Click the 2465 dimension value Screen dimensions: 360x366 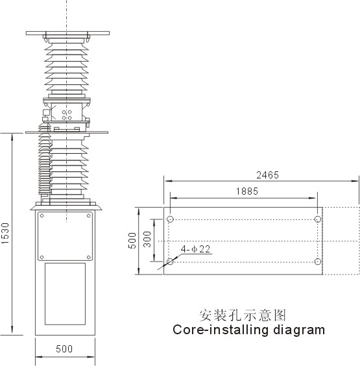[x=268, y=175]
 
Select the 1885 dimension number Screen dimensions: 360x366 [x=247, y=191]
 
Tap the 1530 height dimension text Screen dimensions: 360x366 [x=6, y=234]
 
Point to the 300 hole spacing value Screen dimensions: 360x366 [x=147, y=239]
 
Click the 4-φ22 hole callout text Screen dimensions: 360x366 [x=195, y=249]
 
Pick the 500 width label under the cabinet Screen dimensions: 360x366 [x=64, y=349]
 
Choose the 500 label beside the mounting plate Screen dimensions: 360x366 [x=132, y=241]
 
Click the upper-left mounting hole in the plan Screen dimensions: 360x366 [x=171, y=219]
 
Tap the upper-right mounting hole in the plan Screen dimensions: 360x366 [x=318, y=219]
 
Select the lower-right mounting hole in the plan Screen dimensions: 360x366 [x=318, y=262]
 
